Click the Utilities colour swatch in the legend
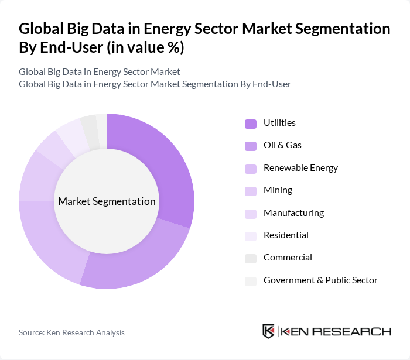coord(251,124)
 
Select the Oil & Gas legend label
coord(282,145)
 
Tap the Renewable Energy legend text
coord(300,168)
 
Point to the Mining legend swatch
coord(251,191)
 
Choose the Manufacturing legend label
coord(293,213)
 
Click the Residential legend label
coord(286,235)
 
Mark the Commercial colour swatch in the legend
coord(251,258)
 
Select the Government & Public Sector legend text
coord(320,280)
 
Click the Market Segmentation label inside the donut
coord(107,201)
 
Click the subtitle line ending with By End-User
coord(155,84)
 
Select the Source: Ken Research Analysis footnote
coord(71,332)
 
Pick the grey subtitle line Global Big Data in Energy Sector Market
coord(99,72)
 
